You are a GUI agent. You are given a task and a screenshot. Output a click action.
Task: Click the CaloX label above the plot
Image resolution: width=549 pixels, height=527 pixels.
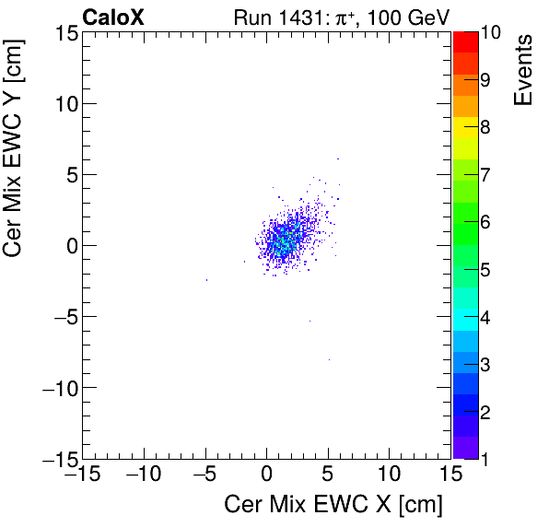(112, 16)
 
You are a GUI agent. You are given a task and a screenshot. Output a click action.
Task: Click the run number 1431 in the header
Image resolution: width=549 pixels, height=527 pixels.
(325, 16)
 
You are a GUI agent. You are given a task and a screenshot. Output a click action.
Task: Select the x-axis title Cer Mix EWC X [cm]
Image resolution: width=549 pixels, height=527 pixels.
(333, 505)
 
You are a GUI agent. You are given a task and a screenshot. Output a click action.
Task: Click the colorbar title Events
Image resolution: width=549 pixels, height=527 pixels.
(524, 70)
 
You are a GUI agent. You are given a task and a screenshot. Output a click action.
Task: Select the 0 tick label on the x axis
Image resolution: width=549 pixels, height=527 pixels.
(266, 476)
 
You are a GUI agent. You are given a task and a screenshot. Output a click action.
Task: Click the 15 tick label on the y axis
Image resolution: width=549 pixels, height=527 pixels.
(64, 32)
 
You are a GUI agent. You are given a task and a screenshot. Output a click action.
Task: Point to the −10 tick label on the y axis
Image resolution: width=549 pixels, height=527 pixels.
(57, 387)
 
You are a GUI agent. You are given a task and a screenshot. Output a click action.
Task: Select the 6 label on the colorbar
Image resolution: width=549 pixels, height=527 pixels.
(485, 221)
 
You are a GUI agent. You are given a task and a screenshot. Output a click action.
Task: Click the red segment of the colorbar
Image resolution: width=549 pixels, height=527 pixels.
(465, 41)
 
